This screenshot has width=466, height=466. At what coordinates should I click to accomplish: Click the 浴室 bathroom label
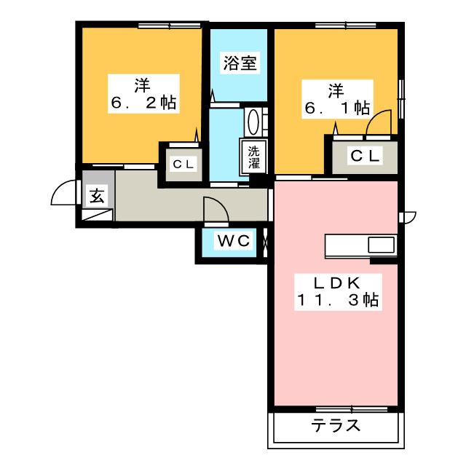[240, 63]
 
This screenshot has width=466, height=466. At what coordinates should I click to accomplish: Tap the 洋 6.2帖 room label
[143, 94]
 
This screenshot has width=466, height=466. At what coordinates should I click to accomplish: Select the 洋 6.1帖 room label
[337, 99]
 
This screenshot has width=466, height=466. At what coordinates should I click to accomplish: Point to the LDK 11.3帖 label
[338, 292]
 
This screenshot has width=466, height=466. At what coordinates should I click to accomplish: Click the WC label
[234, 240]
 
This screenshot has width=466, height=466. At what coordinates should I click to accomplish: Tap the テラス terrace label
[336, 425]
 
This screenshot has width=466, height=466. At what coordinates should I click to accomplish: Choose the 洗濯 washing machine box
[253, 157]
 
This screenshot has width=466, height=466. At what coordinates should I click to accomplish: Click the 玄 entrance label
[97, 197]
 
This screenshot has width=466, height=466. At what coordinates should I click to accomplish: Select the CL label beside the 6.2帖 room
[183, 164]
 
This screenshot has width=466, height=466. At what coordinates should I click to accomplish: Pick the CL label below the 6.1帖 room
[365, 156]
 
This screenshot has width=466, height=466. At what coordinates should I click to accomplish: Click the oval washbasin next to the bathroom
[253, 122]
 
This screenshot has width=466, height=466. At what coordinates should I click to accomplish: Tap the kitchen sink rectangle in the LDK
[382, 245]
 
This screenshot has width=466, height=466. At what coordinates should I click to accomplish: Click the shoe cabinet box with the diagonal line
[97, 215]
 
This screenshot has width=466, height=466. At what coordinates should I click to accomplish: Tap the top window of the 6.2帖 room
[169, 26]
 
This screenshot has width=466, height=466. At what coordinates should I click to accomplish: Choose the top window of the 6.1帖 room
[346, 26]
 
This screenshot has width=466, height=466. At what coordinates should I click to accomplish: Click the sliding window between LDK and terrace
[352, 409]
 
